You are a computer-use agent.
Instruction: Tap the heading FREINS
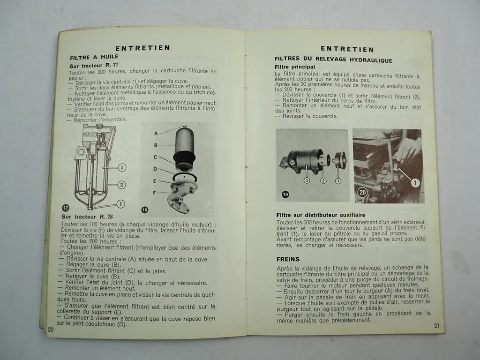288,259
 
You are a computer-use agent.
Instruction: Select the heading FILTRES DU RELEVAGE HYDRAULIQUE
333,60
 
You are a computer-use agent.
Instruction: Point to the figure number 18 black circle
144,210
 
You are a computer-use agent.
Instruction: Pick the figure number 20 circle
362,191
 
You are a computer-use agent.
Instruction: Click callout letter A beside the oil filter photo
156,133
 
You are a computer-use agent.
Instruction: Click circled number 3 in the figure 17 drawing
122,167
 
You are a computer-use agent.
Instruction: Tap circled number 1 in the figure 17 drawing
120,203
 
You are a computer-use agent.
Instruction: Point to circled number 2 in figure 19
323,180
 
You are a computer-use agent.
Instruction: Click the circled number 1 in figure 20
415,183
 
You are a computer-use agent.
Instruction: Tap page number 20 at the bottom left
51,330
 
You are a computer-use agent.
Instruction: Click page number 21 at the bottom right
436,326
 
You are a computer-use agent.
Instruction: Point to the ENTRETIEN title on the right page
347,49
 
